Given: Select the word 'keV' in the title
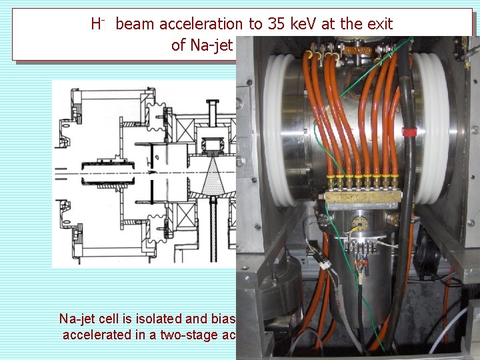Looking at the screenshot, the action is [x=314, y=25].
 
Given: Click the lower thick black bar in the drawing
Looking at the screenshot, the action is [x=153, y=190].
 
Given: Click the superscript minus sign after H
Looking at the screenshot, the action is [x=99, y=19].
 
